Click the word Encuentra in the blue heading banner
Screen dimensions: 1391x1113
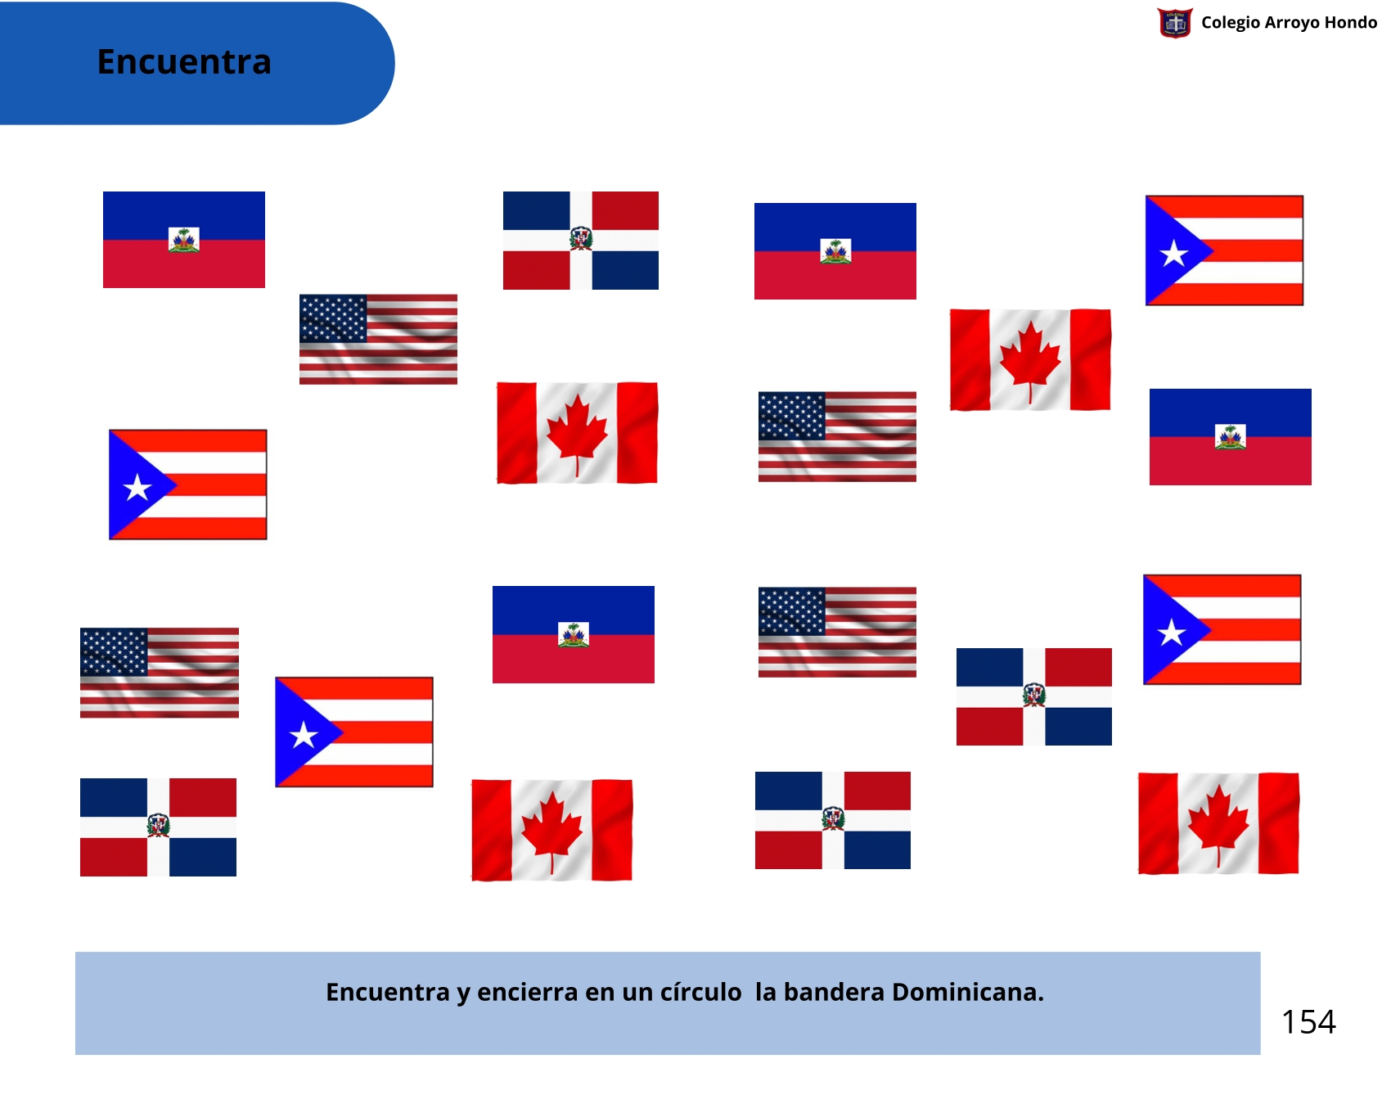184,62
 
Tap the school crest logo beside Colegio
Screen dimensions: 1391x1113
1175,23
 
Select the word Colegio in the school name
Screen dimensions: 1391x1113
1231,23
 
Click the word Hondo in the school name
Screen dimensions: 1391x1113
1350,22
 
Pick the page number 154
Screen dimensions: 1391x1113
1308,1021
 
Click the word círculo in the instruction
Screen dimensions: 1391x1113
700,992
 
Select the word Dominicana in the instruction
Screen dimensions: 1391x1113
968,992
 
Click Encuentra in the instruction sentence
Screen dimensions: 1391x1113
388,992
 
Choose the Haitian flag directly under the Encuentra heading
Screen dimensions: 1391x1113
184,240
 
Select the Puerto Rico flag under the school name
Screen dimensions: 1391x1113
1224,250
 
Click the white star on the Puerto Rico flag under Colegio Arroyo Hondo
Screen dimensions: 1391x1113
1174,253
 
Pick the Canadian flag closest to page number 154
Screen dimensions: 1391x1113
1218,823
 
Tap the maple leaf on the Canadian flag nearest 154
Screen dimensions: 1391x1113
1218,823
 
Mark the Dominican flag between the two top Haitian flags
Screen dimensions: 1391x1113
581,241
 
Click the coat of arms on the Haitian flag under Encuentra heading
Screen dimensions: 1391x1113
184,240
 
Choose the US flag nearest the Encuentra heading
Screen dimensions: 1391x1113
378,339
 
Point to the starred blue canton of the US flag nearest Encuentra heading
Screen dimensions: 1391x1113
333,318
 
